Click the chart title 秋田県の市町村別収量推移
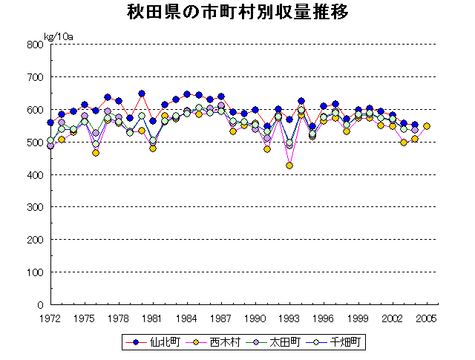point(237,13)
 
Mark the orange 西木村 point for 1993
point(289,166)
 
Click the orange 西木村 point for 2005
point(426,126)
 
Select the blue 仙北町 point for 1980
point(141,94)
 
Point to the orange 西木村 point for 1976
point(96,153)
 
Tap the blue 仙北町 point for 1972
point(50,122)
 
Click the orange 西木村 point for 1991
point(266,149)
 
